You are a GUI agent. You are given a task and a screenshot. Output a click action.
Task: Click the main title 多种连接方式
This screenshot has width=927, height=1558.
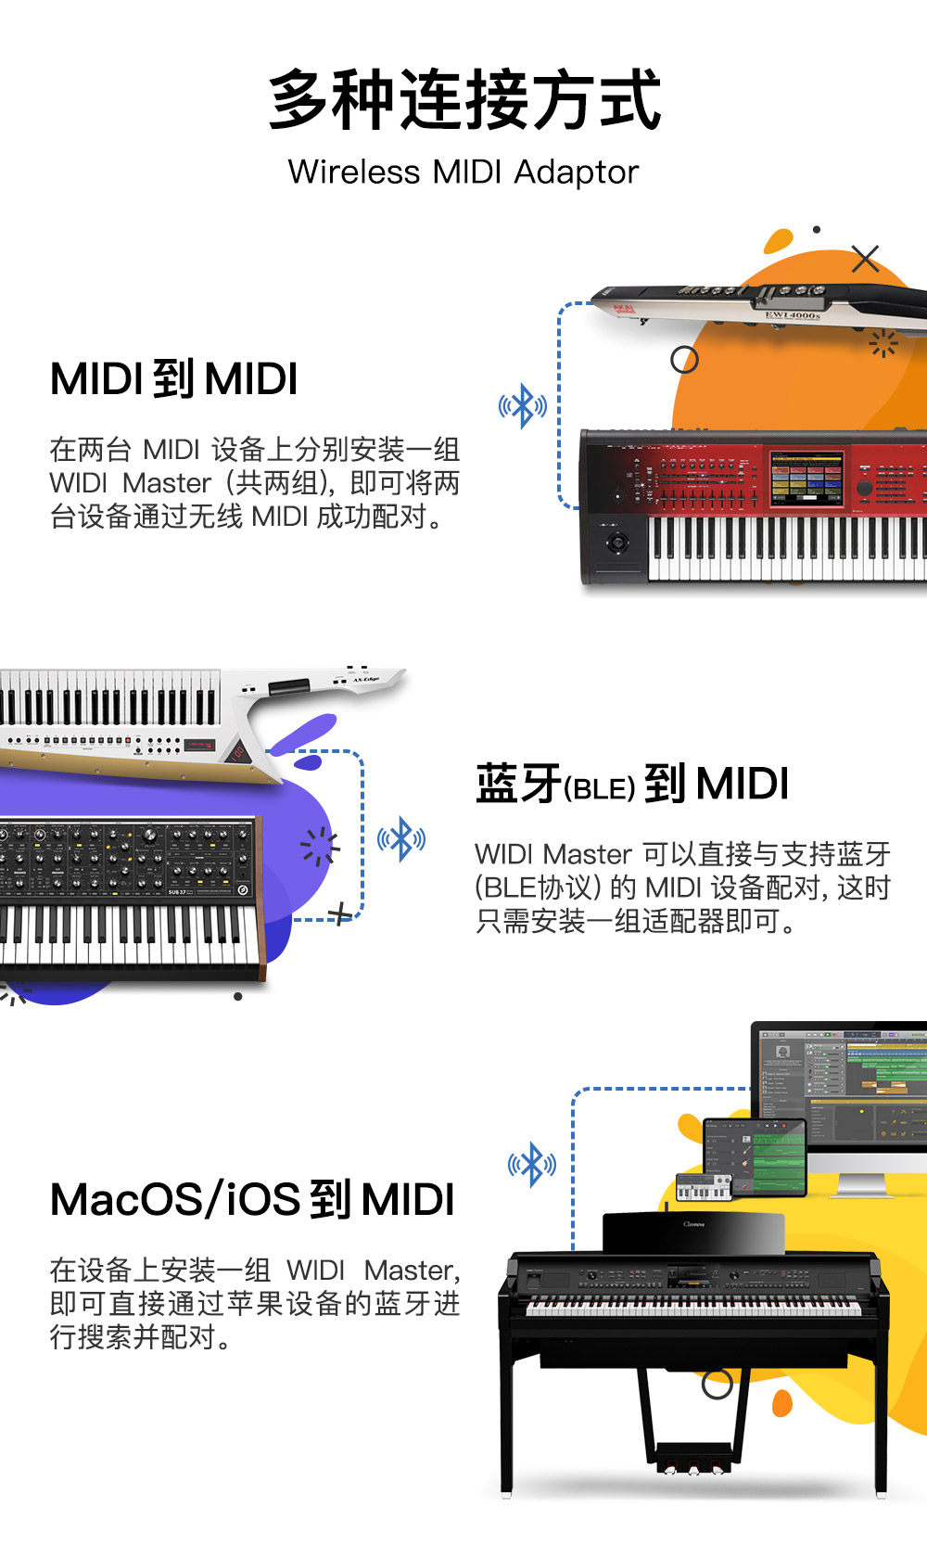(463, 100)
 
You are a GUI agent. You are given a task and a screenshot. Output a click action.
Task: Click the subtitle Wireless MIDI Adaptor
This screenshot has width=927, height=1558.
(463, 172)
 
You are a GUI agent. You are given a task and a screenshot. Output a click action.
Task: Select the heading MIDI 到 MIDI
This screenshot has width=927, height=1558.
(174, 379)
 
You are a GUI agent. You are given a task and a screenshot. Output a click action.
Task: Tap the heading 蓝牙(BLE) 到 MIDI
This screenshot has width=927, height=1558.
(632, 785)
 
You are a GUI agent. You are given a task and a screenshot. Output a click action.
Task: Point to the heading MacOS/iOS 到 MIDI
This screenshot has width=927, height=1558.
(252, 1199)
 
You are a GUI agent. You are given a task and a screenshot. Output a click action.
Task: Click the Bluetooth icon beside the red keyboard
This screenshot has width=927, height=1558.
(523, 406)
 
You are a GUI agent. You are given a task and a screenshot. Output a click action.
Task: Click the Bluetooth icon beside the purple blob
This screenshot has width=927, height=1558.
(401, 838)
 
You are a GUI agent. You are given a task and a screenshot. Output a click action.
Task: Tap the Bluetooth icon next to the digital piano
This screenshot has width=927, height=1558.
(532, 1165)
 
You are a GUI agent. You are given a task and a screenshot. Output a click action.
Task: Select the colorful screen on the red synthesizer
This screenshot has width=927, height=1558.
(806, 478)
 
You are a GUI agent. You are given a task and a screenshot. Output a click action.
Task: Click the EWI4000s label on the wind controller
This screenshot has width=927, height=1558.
(792, 315)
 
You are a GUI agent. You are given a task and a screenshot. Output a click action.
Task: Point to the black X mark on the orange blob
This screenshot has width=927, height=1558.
(865, 259)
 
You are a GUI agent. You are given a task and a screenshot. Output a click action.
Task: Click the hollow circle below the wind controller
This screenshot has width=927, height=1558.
(684, 360)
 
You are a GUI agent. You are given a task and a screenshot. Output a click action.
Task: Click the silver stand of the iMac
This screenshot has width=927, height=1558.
(862, 1184)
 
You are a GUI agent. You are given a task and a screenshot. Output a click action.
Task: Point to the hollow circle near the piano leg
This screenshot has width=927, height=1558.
(717, 1385)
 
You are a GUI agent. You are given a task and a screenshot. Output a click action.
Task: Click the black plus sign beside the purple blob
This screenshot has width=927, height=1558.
(340, 914)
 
